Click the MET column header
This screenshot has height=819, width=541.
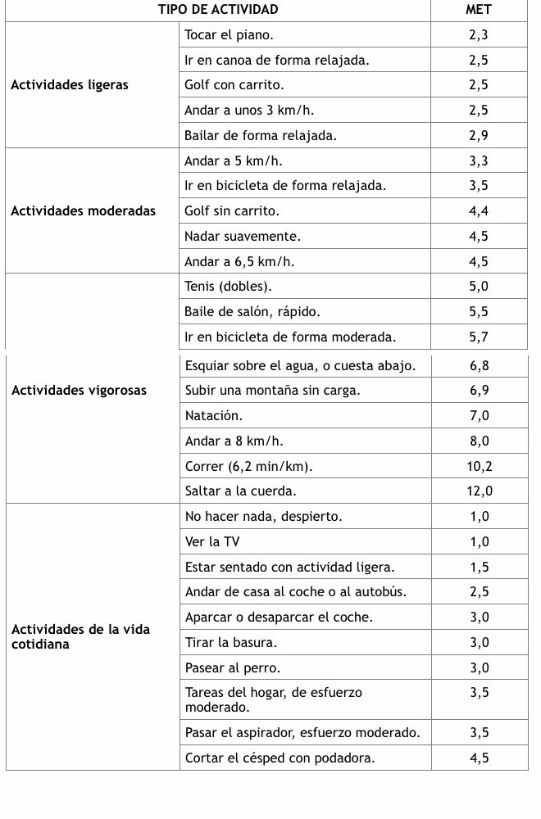coord(479,10)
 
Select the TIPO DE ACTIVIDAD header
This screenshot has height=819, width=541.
coord(218,10)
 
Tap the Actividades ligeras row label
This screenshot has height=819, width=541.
coord(70,84)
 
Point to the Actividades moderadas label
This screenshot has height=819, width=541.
coord(83,210)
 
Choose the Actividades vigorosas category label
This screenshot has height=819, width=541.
coord(80,390)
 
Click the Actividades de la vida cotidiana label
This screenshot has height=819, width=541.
coord(80,636)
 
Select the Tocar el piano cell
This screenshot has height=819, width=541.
coord(230,34)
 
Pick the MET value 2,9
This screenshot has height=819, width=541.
coord(479,135)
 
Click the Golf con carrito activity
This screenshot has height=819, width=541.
coord(234,84)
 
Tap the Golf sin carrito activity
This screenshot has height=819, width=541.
coord(232,210)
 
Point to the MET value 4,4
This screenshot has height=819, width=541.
coord(479,210)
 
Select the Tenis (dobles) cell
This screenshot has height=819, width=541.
coord(228,286)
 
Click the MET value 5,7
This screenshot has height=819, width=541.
coord(479,337)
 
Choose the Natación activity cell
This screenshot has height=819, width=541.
coord(214,415)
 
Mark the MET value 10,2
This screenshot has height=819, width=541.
coord(479,466)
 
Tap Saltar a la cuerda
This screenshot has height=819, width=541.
coord(241,491)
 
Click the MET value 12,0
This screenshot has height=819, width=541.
coord(479,491)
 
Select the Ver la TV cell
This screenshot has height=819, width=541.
coord(213,541)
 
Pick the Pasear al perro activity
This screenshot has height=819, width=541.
coord(233,667)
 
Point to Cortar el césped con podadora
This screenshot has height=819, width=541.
coord(280,758)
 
